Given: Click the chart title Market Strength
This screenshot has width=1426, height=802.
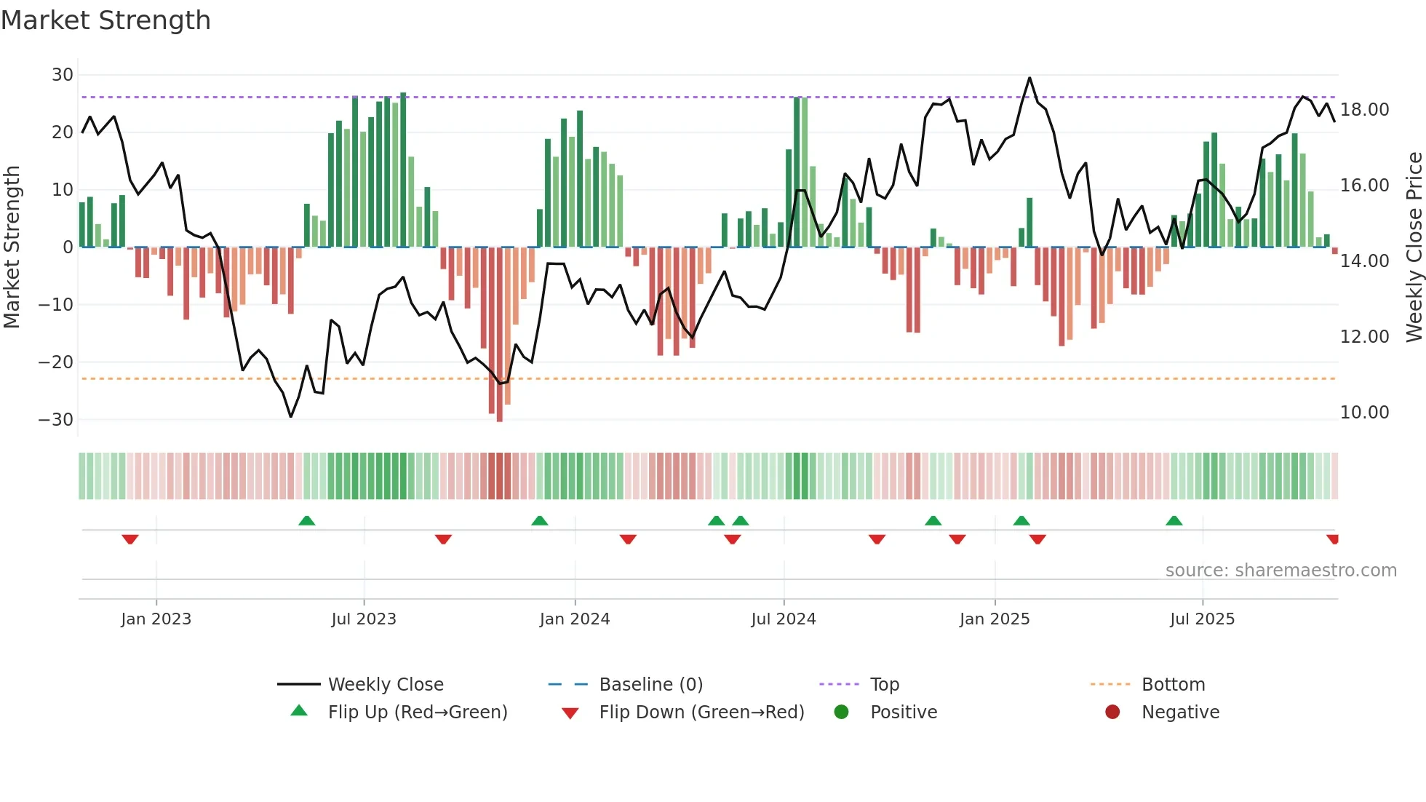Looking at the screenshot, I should click(105, 20).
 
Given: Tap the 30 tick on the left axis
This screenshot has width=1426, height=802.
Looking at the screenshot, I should click(63, 75).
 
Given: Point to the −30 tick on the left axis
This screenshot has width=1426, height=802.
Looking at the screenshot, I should click(57, 420).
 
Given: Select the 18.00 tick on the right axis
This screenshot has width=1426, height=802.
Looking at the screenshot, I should click(1364, 110).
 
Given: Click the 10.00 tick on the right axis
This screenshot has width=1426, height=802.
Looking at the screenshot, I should click(1364, 413).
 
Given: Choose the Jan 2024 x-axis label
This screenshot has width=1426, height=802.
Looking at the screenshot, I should click(574, 619).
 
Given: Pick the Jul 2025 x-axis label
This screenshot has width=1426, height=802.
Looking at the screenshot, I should click(1202, 619).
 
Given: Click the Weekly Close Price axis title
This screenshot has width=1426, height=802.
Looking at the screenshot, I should click(1414, 247).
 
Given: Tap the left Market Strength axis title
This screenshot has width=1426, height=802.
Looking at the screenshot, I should click(12, 247).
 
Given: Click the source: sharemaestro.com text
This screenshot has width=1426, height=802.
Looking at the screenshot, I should click(1280, 571).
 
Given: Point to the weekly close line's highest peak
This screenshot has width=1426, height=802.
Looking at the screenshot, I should click(1029, 79).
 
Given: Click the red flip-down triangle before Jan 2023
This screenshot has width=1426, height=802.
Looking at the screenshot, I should click(130, 539).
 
